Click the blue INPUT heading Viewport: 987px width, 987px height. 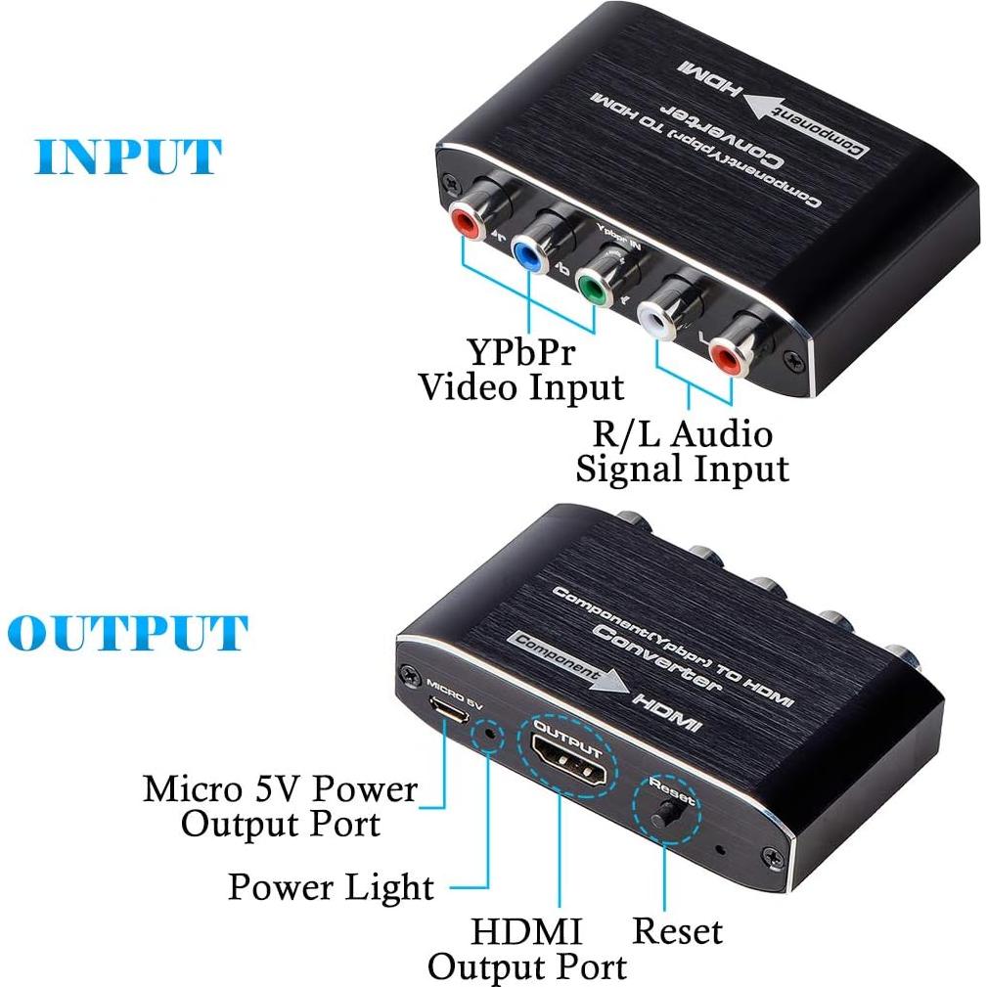pyautogui.click(x=128, y=157)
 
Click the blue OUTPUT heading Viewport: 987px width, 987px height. pyautogui.click(x=126, y=633)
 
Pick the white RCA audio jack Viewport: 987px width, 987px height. pyautogui.click(x=656, y=321)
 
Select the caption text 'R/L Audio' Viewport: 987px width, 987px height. pyautogui.click(x=682, y=431)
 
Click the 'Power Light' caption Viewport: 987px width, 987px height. pyautogui.click(x=330, y=886)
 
